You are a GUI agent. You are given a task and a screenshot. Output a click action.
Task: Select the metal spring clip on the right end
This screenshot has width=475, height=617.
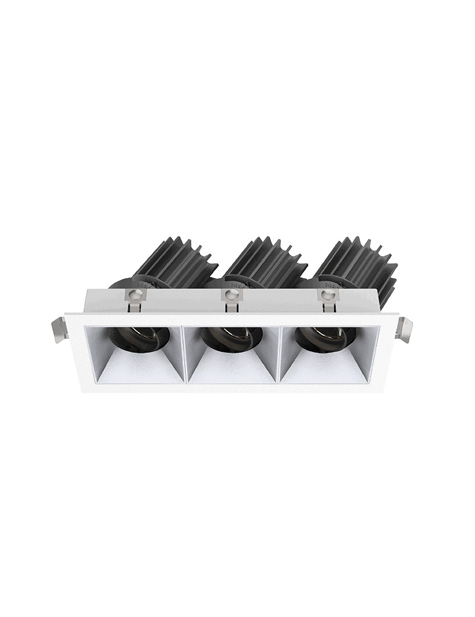[x=404, y=330]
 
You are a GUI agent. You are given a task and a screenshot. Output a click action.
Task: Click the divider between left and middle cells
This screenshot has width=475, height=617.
[x=185, y=356]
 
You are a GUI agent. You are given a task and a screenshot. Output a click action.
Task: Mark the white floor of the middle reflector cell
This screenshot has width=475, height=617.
[x=232, y=371]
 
